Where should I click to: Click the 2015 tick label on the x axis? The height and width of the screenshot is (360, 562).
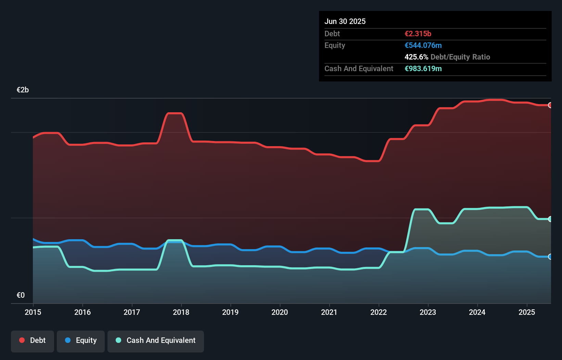(33, 312)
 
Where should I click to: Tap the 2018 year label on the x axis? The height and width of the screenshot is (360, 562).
(181, 312)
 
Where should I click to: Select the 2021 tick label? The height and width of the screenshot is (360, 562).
(329, 312)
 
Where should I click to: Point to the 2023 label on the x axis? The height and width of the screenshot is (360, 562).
(428, 312)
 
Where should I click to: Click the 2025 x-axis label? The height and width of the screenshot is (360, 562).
(526, 312)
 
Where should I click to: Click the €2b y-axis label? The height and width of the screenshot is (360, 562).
(23, 90)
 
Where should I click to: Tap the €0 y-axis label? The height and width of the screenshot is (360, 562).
(21, 295)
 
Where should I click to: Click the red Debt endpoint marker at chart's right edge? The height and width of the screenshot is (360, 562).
(550, 105)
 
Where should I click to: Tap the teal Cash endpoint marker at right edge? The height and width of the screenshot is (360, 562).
(550, 219)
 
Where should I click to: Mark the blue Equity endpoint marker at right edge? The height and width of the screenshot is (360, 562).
(550, 257)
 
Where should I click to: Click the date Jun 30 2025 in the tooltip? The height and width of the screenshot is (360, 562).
(345, 21)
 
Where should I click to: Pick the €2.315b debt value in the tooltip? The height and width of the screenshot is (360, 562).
(418, 34)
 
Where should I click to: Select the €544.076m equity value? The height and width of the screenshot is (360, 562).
(423, 45)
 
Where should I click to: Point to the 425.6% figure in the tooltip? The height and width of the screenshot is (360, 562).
(416, 57)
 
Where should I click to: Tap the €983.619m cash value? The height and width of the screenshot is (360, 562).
(423, 68)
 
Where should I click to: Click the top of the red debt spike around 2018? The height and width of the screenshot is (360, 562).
(174, 113)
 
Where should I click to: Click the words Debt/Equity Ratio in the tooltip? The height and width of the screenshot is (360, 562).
(460, 57)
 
